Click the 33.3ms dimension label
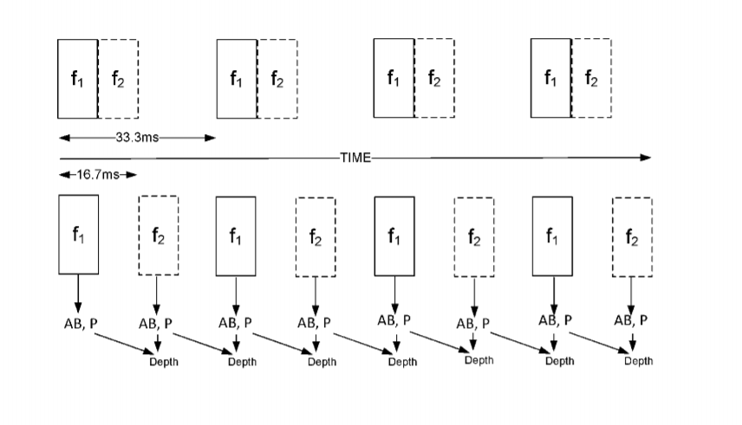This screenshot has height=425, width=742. click(137, 138)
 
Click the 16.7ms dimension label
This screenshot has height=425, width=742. click(98, 175)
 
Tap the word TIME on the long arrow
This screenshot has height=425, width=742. click(355, 158)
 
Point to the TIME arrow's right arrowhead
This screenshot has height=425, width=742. click(646, 158)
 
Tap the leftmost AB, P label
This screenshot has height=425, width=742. click(81, 324)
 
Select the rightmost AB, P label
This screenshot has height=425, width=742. click(631, 320)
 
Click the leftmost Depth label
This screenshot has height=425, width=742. click(164, 362)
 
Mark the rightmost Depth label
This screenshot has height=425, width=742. click(638, 361)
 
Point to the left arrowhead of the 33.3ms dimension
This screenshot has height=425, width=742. click(64, 138)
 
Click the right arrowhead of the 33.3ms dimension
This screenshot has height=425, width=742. click(210, 138)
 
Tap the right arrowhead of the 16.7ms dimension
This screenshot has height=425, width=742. click(132, 175)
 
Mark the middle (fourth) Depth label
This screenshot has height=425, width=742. click(403, 362)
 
